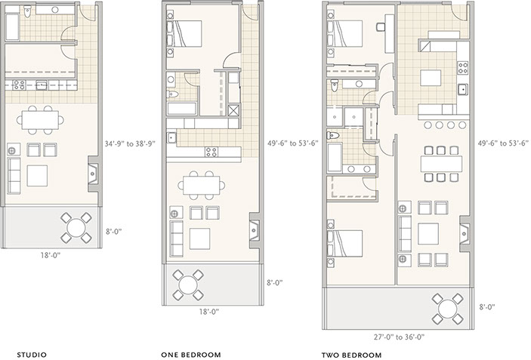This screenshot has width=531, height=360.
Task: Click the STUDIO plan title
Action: pos(32,355)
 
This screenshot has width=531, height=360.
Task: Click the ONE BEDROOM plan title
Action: pos(191,355)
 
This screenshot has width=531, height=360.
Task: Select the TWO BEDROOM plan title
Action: pos(351,355)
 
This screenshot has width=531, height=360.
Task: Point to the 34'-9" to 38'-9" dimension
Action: pos(130,143)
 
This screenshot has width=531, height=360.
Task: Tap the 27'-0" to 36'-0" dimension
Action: pos(400,337)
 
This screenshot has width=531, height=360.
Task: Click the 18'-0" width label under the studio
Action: pos(51,255)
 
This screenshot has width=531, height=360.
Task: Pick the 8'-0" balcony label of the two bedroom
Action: pos(487,307)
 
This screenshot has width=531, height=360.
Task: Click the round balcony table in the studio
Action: pos(76,227)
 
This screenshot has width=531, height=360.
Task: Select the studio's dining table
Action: pos(40,120)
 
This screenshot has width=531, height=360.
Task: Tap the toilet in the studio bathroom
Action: pos(27,12)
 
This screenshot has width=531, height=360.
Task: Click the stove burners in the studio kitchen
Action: pos(19,85)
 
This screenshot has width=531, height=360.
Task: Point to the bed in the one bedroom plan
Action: pos(184,33)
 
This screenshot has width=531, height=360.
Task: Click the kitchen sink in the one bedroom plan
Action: pos(171,137)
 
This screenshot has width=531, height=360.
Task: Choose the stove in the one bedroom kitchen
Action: pos(211,152)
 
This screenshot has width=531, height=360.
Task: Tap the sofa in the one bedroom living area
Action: pos(176,238)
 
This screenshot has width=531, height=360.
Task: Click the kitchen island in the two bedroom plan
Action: pos(431,78)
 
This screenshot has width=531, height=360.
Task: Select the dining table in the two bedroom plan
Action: pos(442,164)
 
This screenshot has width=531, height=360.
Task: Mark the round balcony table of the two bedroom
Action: pos(448,309)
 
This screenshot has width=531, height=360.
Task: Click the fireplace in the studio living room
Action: pos(93,174)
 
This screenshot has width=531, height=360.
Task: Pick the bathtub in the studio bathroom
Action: pos(13,26)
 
